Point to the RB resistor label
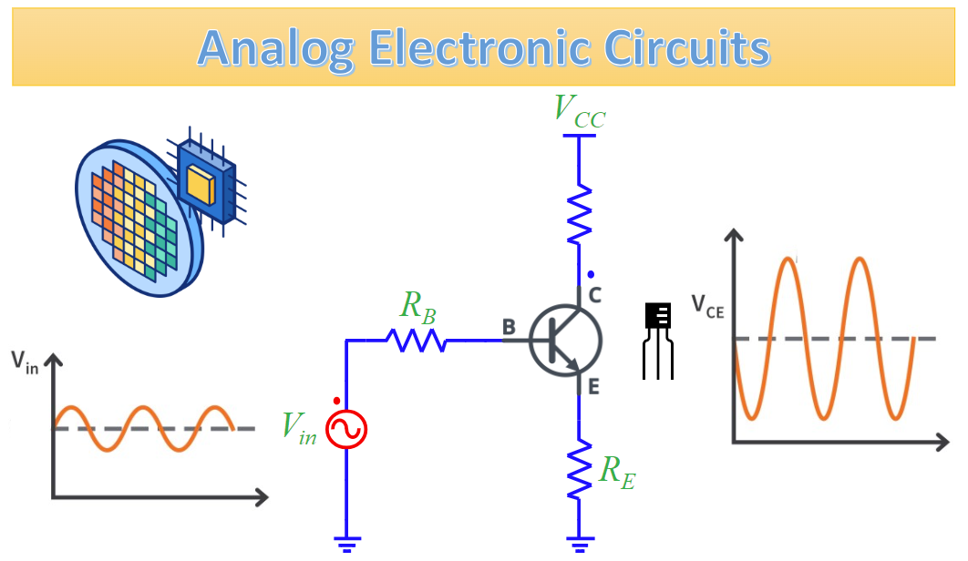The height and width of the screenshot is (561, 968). [417, 306]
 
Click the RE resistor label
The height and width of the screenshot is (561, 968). [616, 470]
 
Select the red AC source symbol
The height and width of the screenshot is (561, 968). [346, 429]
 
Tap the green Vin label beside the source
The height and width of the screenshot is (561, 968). [299, 427]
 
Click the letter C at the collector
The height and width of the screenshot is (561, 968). [596, 294]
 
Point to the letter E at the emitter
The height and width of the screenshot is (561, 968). [593, 387]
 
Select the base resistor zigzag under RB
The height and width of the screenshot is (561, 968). [415, 341]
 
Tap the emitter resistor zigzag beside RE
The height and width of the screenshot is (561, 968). [579, 470]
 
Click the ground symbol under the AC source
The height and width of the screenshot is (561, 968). [346, 544]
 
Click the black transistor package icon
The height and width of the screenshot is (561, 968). [658, 339]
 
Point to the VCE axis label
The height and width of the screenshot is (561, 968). [708, 305]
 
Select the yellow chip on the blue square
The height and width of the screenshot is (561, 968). [201, 185]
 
